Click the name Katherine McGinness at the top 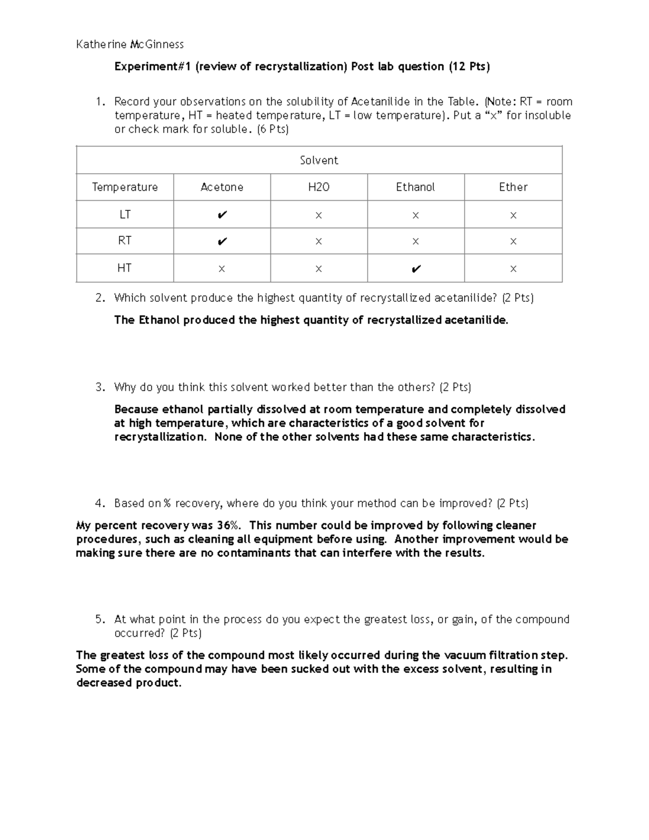(x=130, y=44)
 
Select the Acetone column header (x=222, y=187)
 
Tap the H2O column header (x=319, y=187)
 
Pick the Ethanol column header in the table (x=415, y=187)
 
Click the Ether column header (x=513, y=187)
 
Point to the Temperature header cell (x=125, y=187)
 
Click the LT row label (x=125, y=215)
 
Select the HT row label (x=125, y=268)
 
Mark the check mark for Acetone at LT (x=222, y=215)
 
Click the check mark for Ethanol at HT (x=415, y=269)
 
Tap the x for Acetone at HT (x=222, y=269)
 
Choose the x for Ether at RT (x=513, y=242)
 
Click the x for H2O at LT (x=319, y=216)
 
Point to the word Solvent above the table (x=319, y=161)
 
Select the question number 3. (x=100, y=387)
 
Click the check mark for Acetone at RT (x=222, y=242)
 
